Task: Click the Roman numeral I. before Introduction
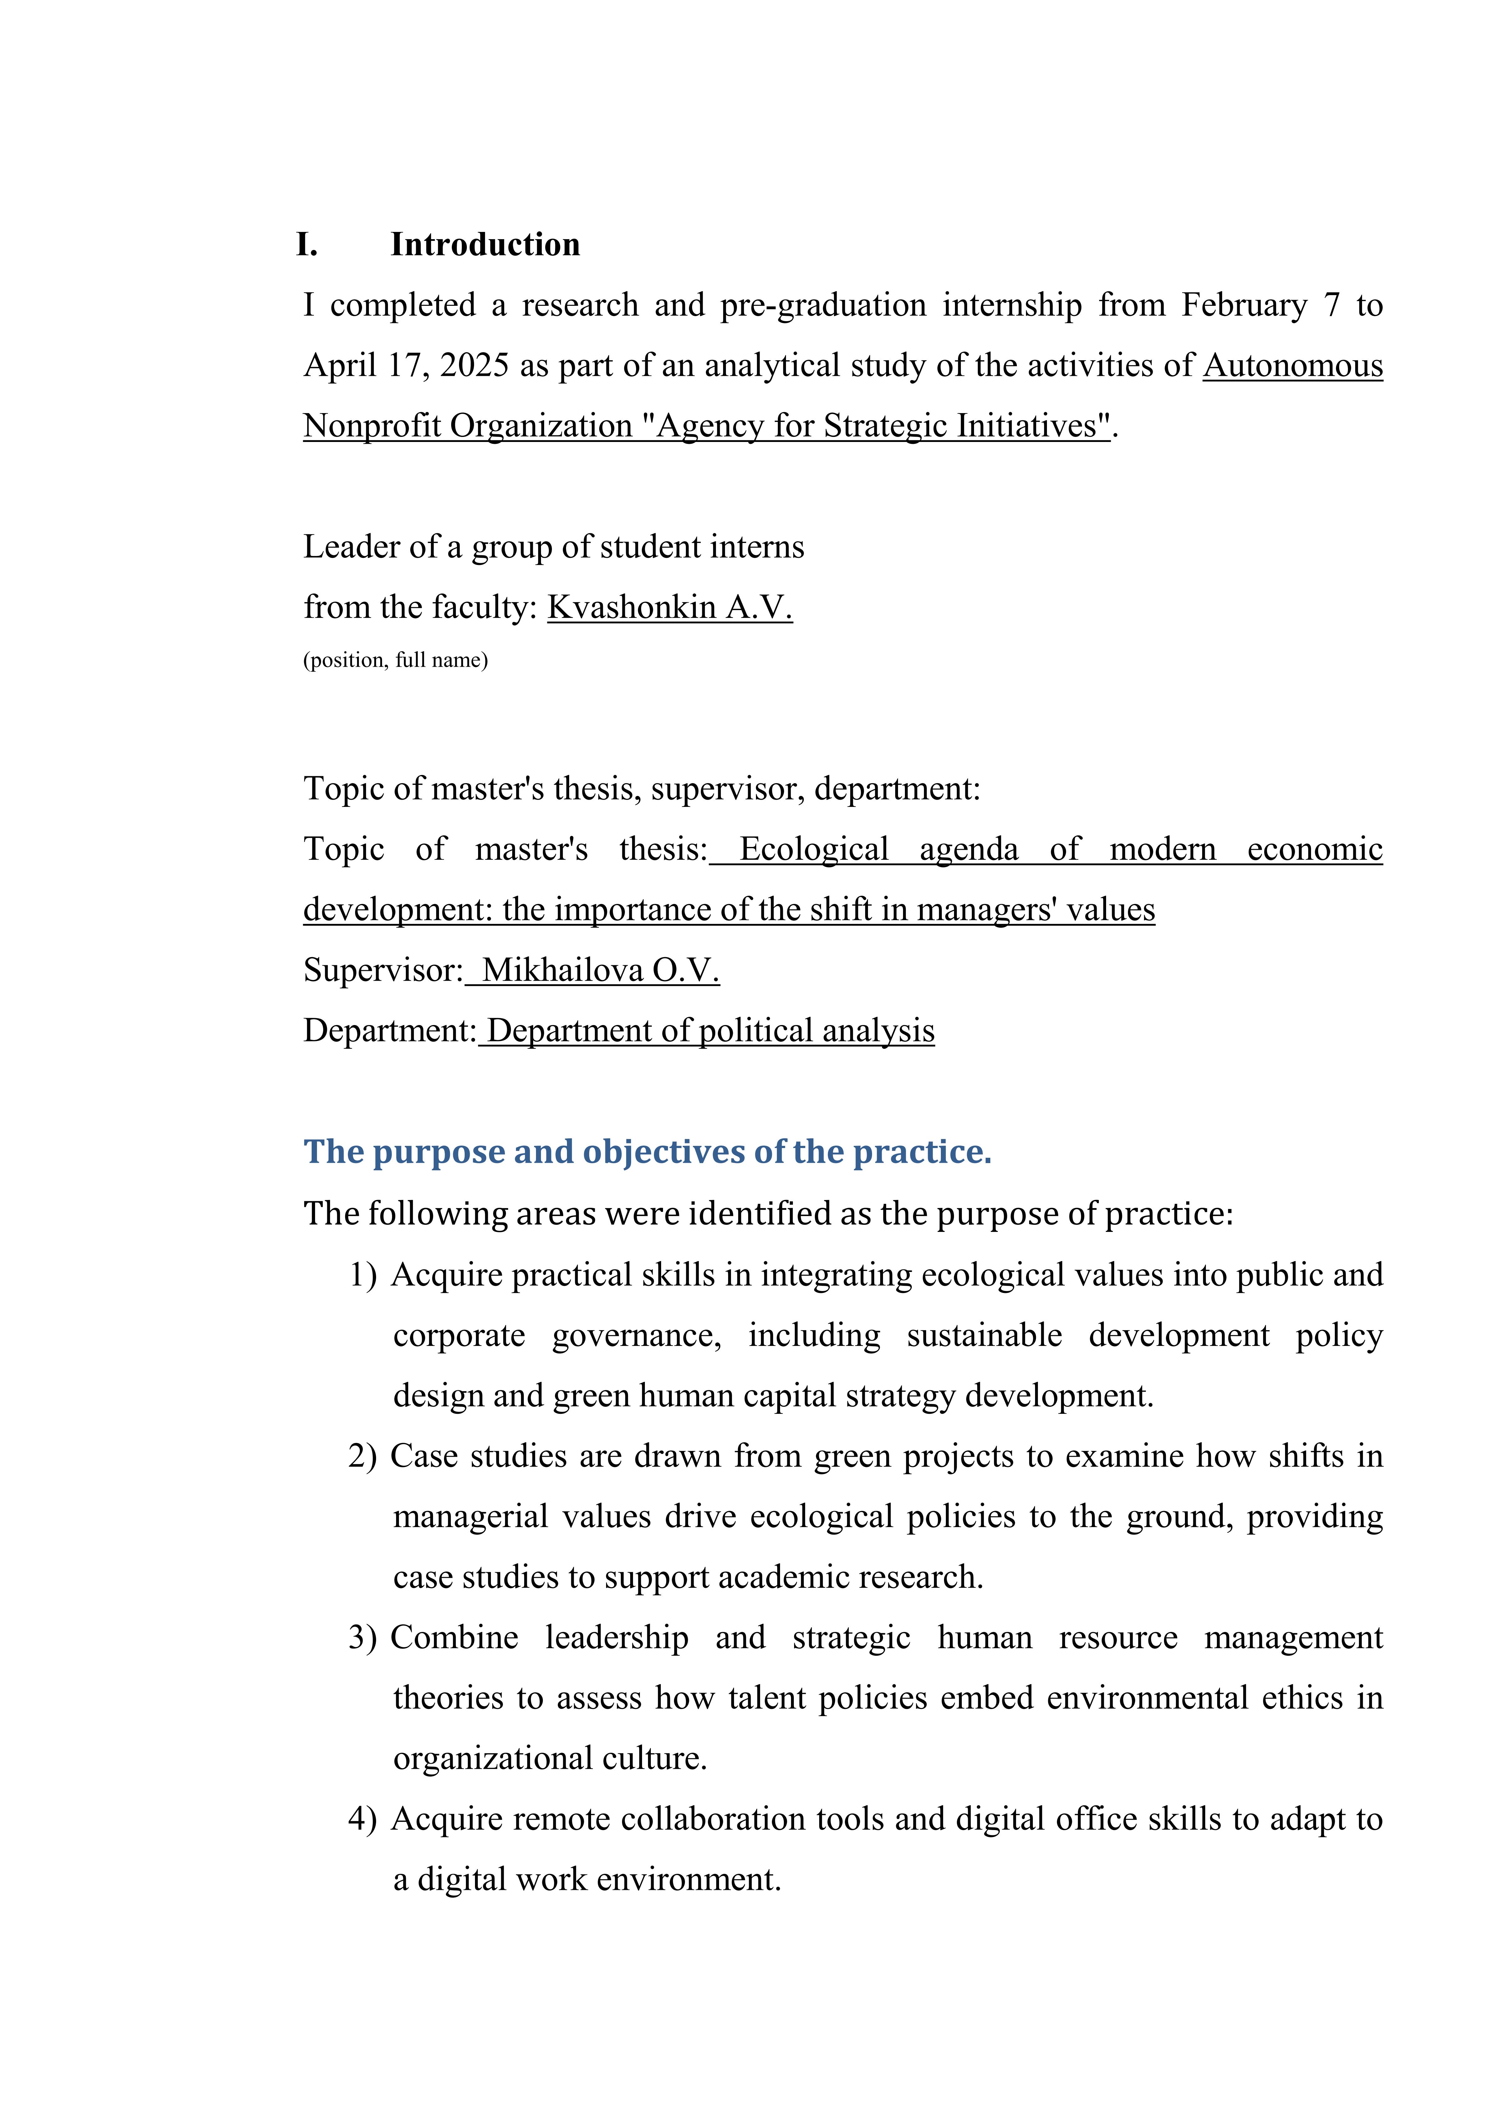308,244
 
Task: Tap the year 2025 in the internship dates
474,365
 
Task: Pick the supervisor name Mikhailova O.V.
600,970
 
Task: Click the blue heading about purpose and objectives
647,1151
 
